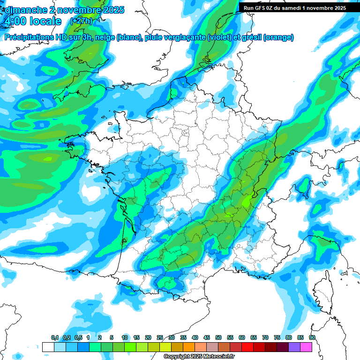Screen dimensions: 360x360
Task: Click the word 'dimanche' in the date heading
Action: (26, 10)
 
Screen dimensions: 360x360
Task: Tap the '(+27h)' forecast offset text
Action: (81, 21)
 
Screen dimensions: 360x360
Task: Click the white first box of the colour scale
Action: (48, 347)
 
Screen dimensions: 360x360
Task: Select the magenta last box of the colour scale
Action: (306, 347)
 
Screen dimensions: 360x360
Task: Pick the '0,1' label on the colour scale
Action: (54, 338)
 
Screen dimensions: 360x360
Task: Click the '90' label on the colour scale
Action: (312, 338)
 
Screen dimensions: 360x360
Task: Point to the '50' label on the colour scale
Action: (218, 338)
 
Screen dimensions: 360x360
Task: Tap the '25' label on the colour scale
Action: (160, 338)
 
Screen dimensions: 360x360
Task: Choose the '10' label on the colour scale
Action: (125, 338)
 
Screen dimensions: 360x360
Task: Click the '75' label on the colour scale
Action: (277, 338)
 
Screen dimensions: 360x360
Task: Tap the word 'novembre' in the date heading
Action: (79, 10)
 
